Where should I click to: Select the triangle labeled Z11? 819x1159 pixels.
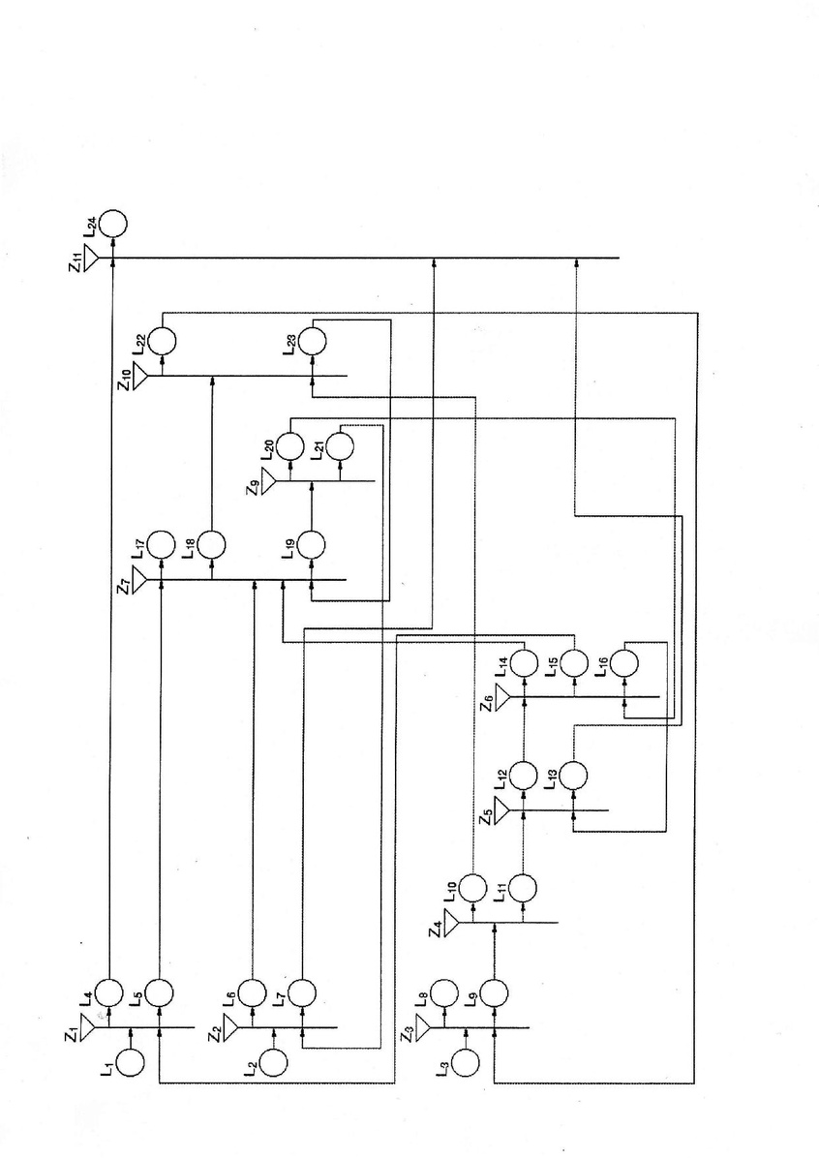[91, 258]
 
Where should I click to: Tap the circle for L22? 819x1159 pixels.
[162, 341]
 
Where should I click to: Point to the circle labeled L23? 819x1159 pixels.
[312, 341]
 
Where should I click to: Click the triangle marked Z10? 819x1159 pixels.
[140, 376]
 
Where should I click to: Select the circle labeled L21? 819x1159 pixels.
[340, 446]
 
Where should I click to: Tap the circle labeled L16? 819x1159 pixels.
[624, 663]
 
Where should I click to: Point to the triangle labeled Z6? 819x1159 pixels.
[502, 697]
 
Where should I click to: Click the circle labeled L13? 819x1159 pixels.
[574, 775]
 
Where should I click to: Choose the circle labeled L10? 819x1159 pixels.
[472, 887]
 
